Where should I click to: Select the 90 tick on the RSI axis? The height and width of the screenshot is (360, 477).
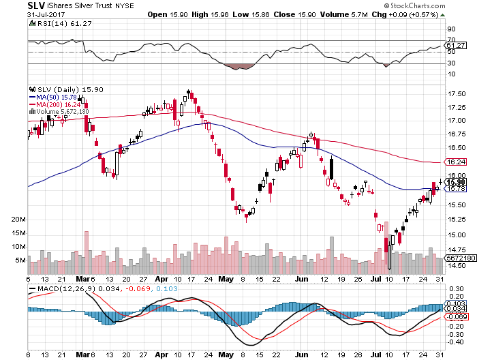click(x=450, y=29)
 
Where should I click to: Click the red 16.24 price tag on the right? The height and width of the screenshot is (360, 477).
click(x=455, y=162)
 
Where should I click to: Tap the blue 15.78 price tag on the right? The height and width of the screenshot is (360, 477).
click(x=455, y=189)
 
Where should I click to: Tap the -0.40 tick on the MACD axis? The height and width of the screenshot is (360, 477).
click(x=453, y=342)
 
